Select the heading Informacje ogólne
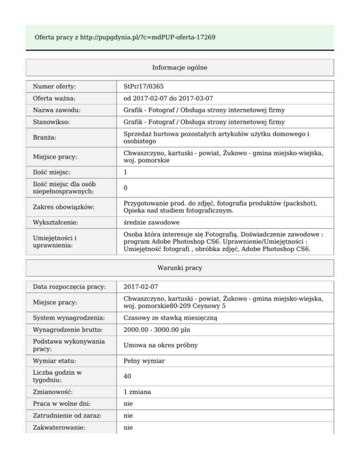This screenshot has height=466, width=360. coord(180,68)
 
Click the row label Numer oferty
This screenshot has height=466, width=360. coord(54,87)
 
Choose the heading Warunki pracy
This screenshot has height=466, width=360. coord(180,268)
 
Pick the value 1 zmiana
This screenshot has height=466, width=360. coord(138,391)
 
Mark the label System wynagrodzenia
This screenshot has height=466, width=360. coord(68,318)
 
